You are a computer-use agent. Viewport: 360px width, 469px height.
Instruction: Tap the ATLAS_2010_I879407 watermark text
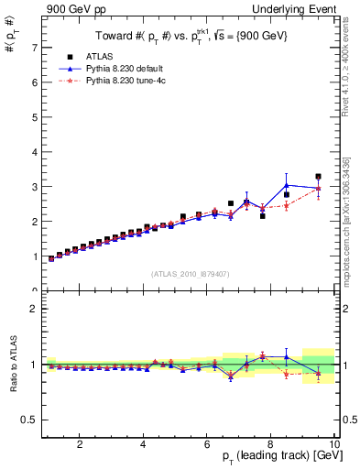click(x=190, y=273)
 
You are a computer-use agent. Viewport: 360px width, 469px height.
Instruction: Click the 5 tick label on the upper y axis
click(x=34, y=116)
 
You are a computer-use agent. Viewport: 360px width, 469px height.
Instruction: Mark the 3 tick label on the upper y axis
click(x=34, y=186)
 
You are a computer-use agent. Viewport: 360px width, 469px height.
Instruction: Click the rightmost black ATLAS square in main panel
click(x=318, y=177)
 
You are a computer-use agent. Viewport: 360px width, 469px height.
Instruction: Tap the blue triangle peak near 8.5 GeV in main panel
click(x=286, y=185)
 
